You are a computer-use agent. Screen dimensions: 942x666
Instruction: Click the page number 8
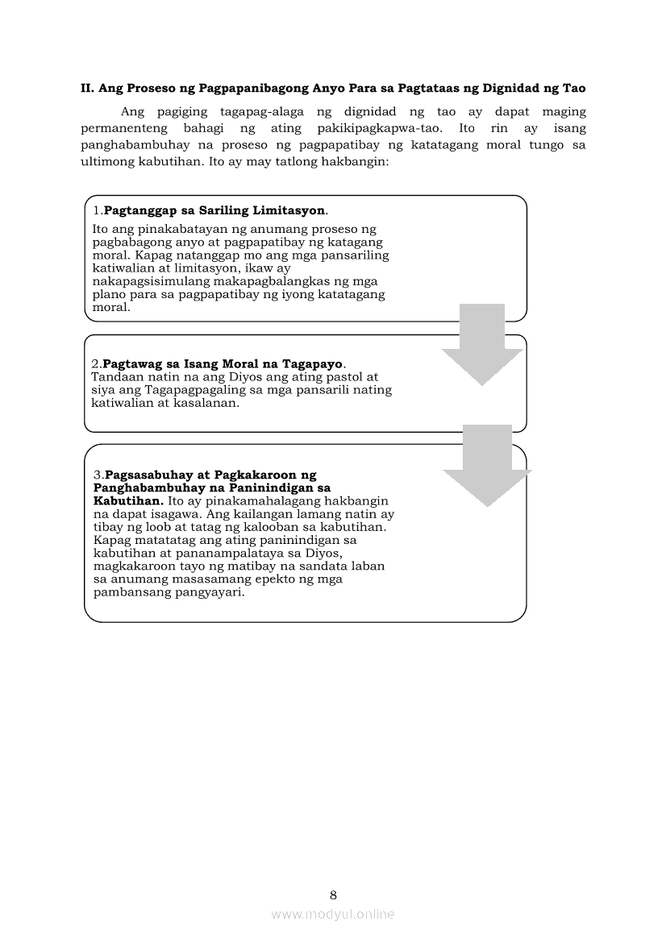[x=333, y=894]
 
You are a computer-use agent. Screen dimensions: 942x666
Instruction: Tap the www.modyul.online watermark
[x=333, y=914]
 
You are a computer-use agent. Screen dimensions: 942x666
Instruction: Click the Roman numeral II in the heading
[x=87, y=88]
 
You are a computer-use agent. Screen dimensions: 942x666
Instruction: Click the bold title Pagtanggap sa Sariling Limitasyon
[x=214, y=210]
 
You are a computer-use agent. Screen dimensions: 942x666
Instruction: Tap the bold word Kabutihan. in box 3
[x=128, y=500]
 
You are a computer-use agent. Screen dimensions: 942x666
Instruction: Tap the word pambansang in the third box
[x=127, y=591]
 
